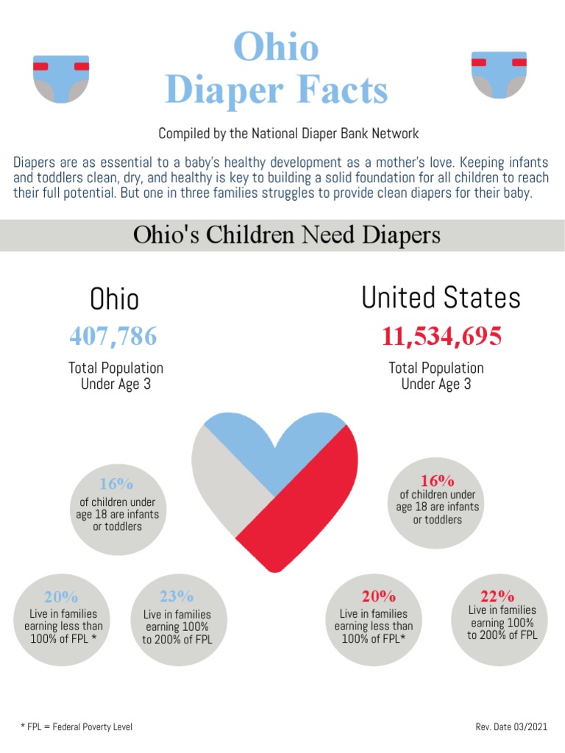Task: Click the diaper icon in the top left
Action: tap(61, 78)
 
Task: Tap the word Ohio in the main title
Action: tap(276, 47)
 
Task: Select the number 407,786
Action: tap(113, 336)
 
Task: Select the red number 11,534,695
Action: tap(441, 336)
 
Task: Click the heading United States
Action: tap(441, 298)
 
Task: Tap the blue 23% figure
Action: tap(177, 596)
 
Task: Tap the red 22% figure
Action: tap(497, 596)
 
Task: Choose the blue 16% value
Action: tap(116, 484)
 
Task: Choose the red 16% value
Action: tap(437, 480)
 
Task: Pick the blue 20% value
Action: tap(61, 597)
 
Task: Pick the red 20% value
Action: tap(378, 596)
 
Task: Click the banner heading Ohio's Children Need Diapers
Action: tap(287, 235)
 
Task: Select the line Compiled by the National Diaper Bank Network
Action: tap(288, 134)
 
